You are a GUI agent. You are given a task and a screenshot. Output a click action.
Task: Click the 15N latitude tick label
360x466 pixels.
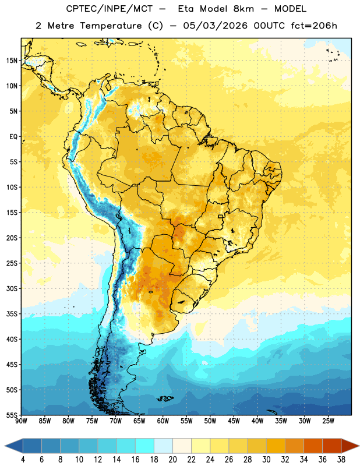click(x=12, y=61)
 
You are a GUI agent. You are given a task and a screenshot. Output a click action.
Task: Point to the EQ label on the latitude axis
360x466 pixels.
click(x=13, y=137)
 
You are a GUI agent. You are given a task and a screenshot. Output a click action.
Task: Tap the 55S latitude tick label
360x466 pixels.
click(x=12, y=415)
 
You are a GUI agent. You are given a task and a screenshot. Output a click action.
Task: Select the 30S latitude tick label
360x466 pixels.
click(x=12, y=288)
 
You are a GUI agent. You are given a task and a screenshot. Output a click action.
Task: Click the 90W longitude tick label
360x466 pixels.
click(x=21, y=421)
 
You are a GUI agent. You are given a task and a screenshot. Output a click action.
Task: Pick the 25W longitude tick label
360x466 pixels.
click(x=328, y=421)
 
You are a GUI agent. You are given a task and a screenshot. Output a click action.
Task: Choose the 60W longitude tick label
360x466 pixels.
click(x=163, y=421)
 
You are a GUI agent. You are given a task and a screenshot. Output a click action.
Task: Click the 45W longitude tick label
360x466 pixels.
click(x=234, y=421)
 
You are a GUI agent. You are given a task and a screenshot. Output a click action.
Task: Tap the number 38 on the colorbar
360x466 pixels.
click(x=341, y=460)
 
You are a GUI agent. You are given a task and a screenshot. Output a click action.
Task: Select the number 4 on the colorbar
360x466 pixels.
click(x=23, y=460)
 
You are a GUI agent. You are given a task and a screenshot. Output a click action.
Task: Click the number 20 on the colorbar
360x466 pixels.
click(x=172, y=460)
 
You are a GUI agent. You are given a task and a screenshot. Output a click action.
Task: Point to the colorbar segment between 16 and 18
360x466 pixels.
click(x=145, y=446)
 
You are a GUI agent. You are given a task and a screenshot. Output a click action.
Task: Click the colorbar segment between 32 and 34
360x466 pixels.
click(x=294, y=446)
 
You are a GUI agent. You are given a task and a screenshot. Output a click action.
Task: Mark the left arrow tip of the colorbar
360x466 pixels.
click(x=5, y=446)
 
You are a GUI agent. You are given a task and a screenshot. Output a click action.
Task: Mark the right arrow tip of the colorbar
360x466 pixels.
click(x=359, y=446)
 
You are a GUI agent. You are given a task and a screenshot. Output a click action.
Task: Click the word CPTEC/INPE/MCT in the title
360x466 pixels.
click(x=110, y=9)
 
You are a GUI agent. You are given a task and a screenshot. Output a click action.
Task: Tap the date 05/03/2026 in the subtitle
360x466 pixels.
click(x=215, y=26)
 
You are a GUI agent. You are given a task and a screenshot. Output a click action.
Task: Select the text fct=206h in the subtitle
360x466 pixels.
click(x=314, y=26)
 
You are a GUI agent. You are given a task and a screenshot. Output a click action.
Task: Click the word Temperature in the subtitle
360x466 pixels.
click(x=111, y=26)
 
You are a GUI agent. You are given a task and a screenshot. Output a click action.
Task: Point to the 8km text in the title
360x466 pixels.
click(x=243, y=9)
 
